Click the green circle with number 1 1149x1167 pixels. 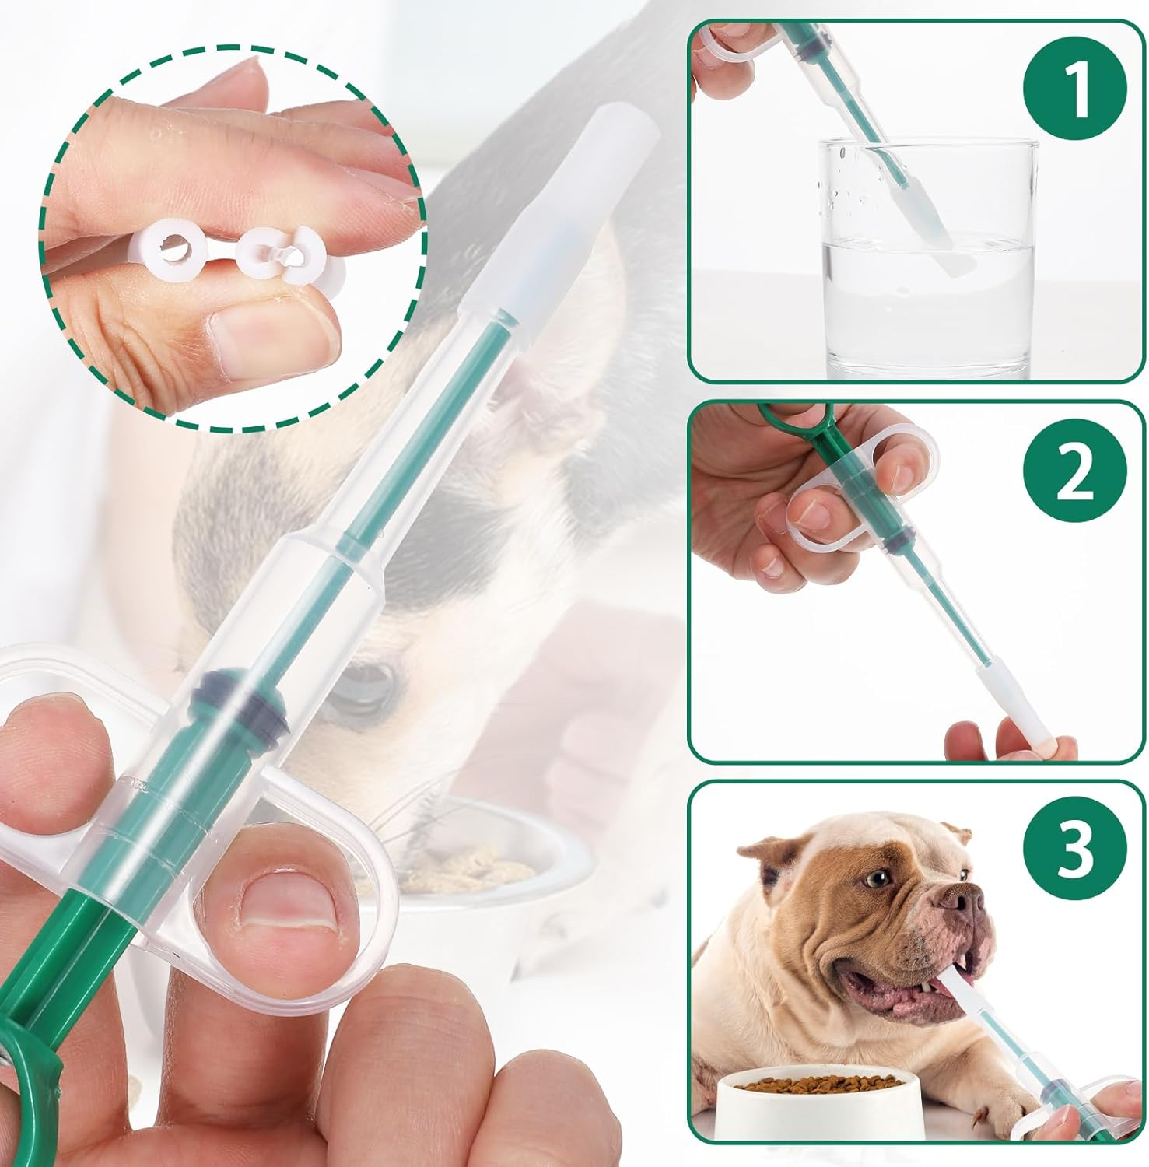[1075, 89]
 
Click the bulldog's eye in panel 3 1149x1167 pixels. [878, 878]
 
